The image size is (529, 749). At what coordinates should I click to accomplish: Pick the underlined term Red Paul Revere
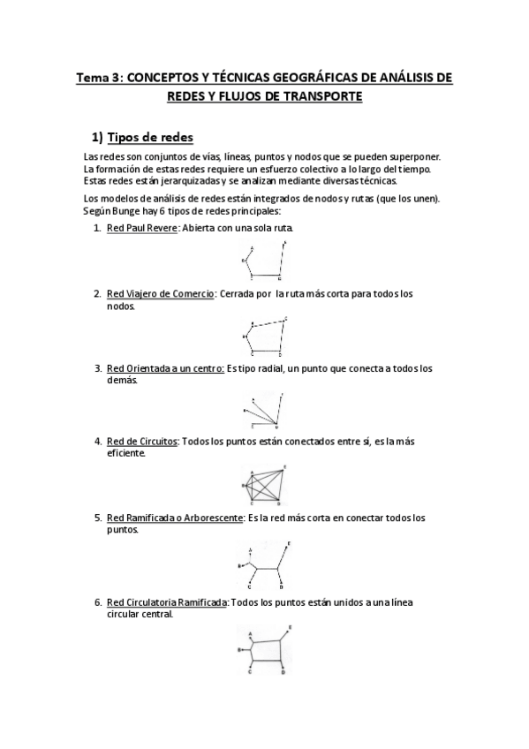[x=141, y=228]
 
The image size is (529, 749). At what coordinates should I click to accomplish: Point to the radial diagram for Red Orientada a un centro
[x=264, y=410]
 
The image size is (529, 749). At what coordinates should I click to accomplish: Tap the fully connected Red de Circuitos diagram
[x=261, y=484]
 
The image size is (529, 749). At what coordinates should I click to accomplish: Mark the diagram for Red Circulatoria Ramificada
[x=264, y=649]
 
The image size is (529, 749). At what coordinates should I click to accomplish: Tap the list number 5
[x=97, y=517]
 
